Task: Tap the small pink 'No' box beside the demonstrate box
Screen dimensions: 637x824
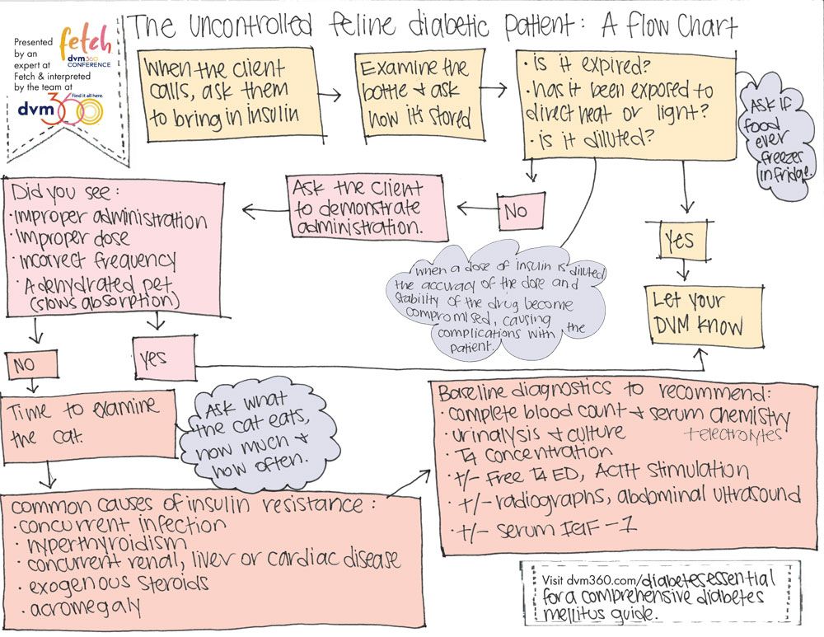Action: pos(521,210)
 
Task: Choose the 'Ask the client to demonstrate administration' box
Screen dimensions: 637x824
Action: pos(367,207)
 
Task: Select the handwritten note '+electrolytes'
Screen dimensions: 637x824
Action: pos(733,433)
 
